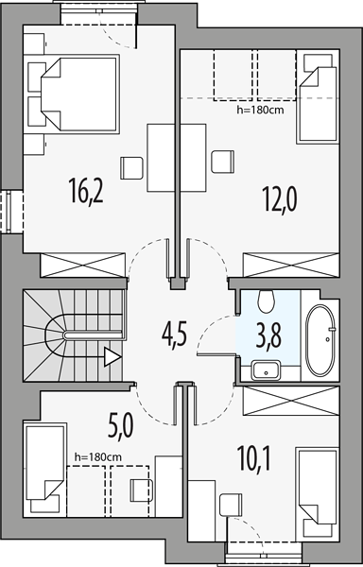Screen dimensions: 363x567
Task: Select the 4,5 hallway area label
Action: [174, 335]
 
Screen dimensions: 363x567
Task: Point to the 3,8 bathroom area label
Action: [268, 335]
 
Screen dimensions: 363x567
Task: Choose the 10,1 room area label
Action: [253, 458]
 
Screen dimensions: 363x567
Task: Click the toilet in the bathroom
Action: [267, 301]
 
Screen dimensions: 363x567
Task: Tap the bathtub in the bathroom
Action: [320, 340]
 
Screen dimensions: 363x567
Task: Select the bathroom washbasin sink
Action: [266, 369]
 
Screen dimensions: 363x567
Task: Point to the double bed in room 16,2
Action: [80, 94]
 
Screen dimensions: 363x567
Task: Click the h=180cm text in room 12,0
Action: [260, 111]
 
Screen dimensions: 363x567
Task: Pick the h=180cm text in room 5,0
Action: [98, 457]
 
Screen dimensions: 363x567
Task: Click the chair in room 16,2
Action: [131, 168]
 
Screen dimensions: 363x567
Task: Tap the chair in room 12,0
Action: [223, 162]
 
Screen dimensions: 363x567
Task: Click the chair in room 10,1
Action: [231, 504]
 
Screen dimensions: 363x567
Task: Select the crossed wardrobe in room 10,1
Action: [291, 401]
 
